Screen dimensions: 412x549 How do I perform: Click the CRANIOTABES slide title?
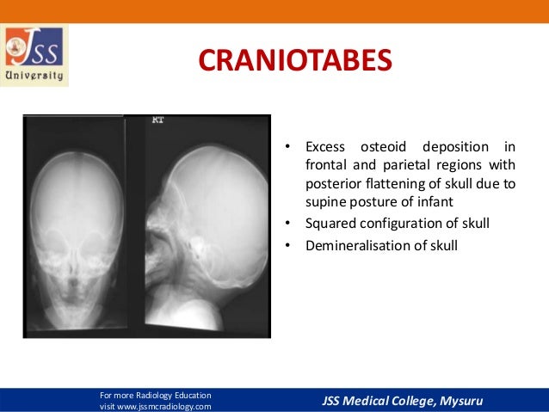click(x=295, y=61)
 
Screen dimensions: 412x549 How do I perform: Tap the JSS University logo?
click(x=35, y=56)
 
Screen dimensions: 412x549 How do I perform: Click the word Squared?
click(x=330, y=224)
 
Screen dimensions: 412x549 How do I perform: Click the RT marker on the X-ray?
click(x=157, y=120)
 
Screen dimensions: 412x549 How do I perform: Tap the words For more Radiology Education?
click(x=155, y=393)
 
